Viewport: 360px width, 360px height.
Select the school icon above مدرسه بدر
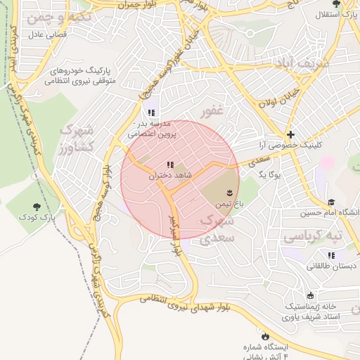click(x=150, y=112)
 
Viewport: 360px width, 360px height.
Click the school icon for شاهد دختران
click(x=169, y=165)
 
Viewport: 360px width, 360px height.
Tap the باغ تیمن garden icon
click(x=229, y=192)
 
